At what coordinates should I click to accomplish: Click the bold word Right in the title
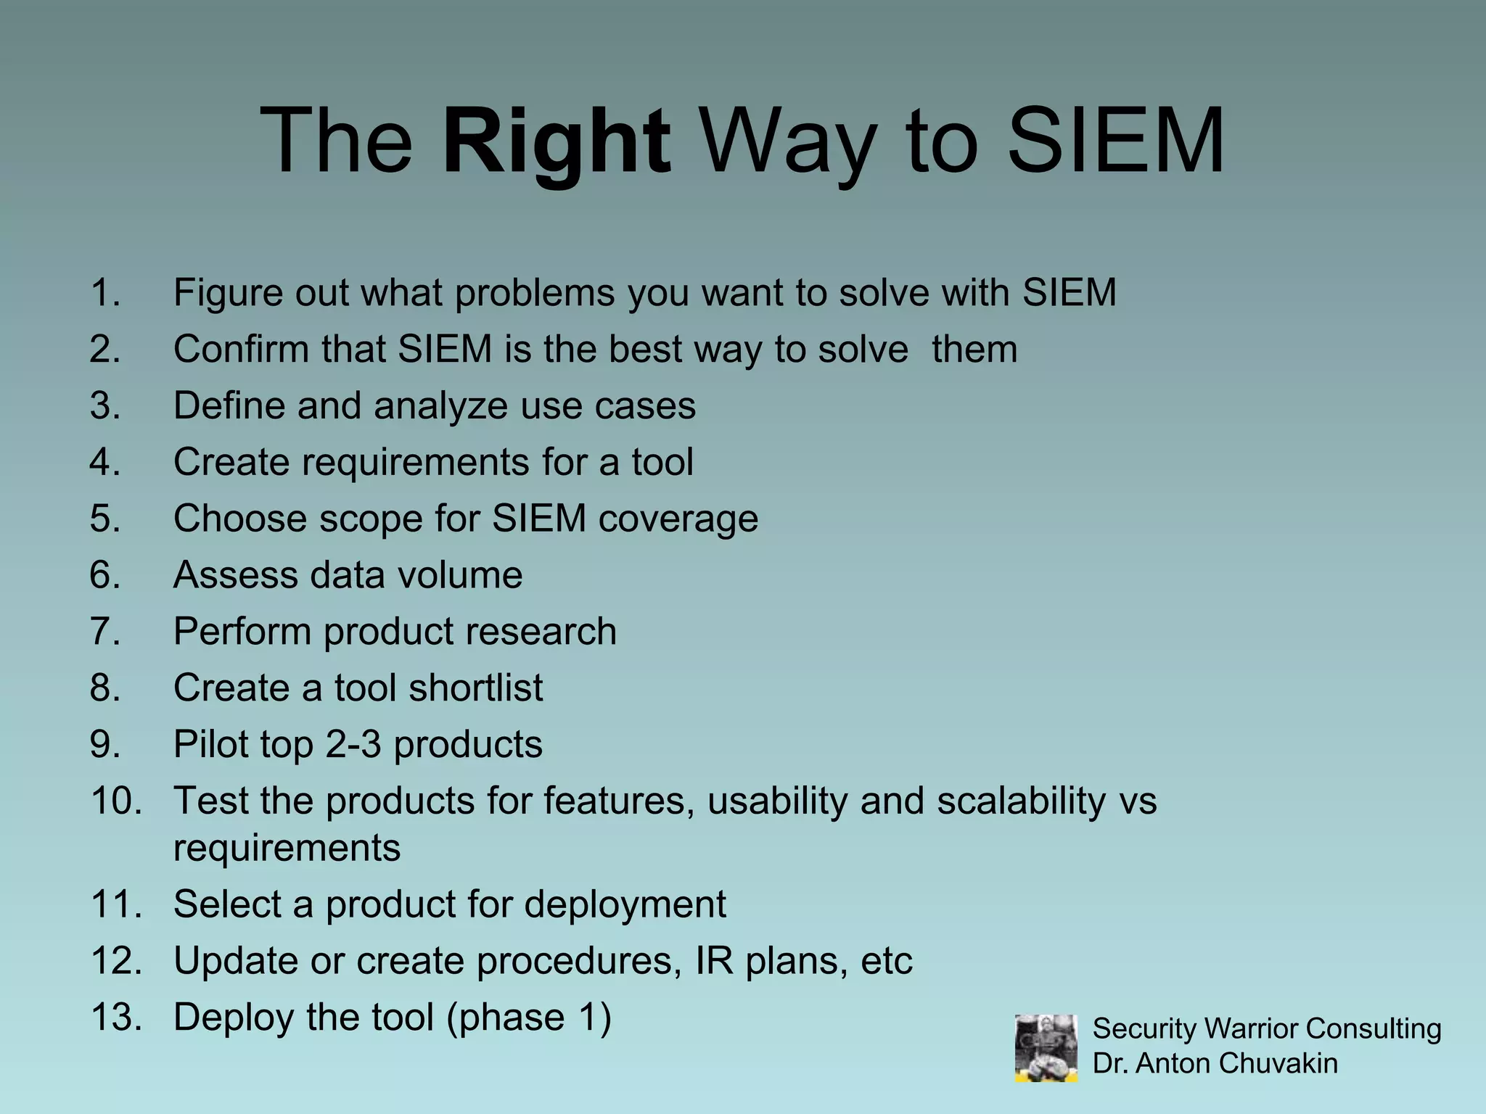click(x=556, y=141)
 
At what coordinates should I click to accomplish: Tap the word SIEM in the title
click(x=1115, y=141)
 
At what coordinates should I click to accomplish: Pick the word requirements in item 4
click(x=415, y=463)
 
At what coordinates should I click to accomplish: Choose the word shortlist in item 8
click(x=475, y=688)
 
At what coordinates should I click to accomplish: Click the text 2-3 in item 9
click(x=353, y=744)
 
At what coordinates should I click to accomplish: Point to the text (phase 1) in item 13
click(x=529, y=1017)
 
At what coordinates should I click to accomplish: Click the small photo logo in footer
click(x=1046, y=1048)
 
